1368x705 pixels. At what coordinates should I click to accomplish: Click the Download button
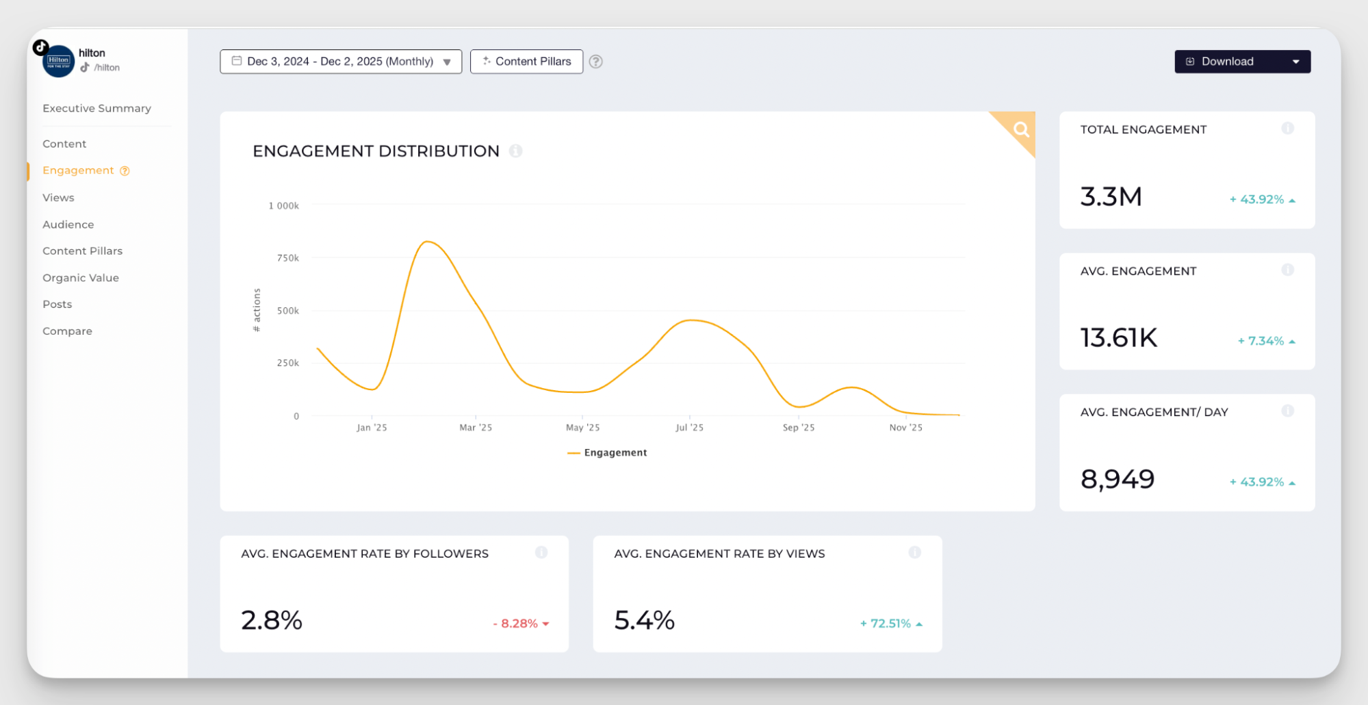[x=1227, y=62]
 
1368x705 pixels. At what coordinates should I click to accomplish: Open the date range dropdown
[x=340, y=62]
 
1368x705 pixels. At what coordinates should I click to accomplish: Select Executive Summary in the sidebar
[x=96, y=108]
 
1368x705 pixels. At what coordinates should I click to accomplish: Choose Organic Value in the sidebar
[x=81, y=278]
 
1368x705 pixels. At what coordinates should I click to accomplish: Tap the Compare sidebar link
[x=67, y=331]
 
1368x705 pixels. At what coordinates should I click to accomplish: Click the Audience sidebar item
[x=68, y=225]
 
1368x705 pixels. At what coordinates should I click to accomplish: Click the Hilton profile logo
[x=58, y=62]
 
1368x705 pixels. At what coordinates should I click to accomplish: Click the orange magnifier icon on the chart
[x=1020, y=129]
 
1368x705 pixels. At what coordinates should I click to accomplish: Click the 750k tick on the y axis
[x=287, y=258]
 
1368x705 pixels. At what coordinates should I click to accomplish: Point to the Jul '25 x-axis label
[x=689, y=428]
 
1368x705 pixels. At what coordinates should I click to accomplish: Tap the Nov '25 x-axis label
[x=905, y=428]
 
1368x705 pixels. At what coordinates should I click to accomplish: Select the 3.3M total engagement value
[x=1111, y=197]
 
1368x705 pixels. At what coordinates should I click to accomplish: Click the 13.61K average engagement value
[x=1118, y=338]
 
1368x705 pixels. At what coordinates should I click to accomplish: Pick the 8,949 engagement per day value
[x=1117, y=479]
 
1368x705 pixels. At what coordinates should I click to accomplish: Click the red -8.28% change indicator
[x=521, y=624]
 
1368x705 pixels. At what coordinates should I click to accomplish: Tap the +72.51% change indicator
[x=890, y=624]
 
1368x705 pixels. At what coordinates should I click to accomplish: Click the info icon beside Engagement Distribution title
[x=516, y=151]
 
